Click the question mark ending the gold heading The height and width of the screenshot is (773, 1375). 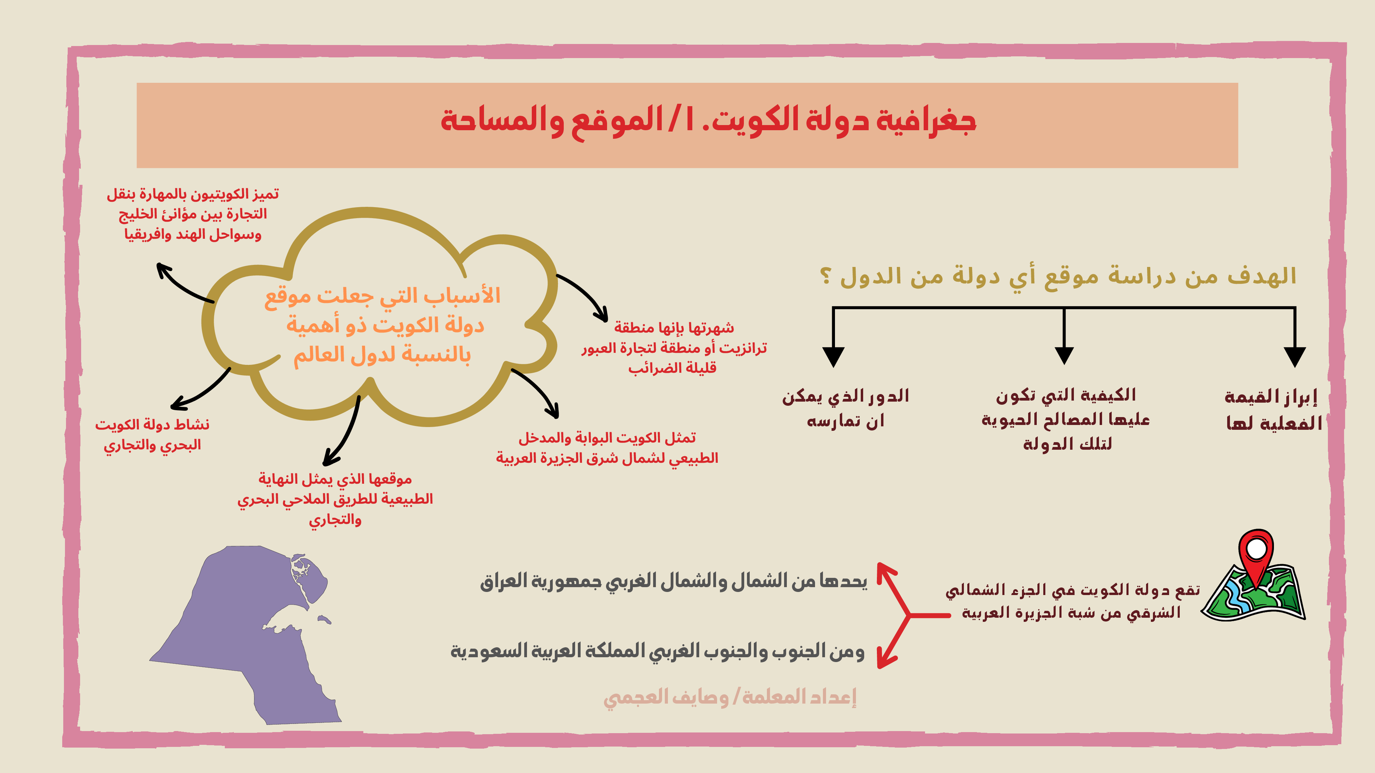pyautogui.click(x=825, y=276)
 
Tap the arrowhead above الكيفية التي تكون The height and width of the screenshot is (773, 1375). pyautogui.click(x=1064, y=355)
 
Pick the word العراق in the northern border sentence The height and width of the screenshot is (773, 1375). pyautogui.click(x=503, y=581)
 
